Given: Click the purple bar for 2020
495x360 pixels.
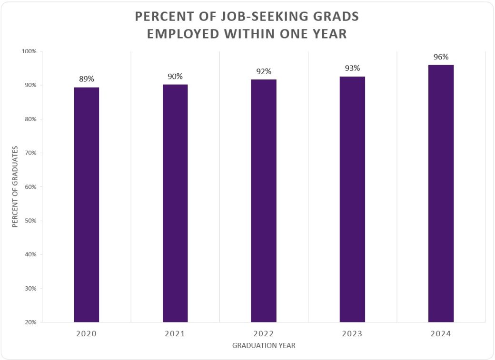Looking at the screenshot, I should click(x=87, y=204).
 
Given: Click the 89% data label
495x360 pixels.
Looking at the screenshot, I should click(x=87, y=79).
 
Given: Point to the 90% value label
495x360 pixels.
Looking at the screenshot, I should click(x=175, y=77).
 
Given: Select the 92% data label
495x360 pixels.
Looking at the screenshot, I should click(x=264, y=71).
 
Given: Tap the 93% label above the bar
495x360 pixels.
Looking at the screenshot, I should click(x=352, y=68).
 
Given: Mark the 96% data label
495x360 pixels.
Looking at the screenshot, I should click(x=441, y=57).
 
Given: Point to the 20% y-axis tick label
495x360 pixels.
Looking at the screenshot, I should click(x=30, y=322).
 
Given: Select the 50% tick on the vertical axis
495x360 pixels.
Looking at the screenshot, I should click(x=30, y=221).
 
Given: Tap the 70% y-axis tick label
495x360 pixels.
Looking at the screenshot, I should click(x=30, y=153).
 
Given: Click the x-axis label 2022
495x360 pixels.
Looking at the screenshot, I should click(x=264, y=334).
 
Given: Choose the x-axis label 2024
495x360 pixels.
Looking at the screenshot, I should click(x=441, y=334).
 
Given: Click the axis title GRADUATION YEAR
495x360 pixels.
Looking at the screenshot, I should click(x=264, y=346).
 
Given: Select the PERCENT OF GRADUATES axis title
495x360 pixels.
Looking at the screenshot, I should click(x=15, y=186).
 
